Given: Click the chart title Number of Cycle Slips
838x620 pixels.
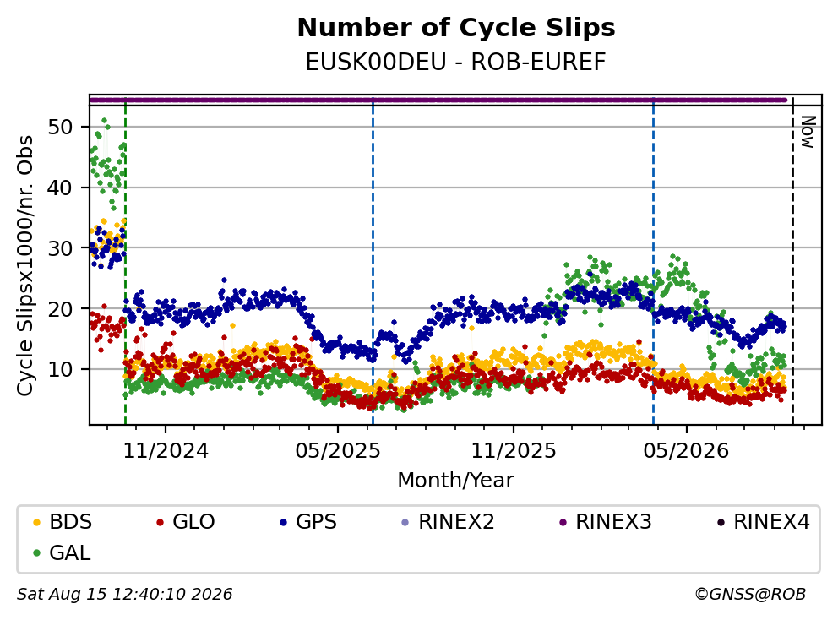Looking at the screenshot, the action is pos(456,28).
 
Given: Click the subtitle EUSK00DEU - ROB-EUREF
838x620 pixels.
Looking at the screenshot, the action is pos(456,62).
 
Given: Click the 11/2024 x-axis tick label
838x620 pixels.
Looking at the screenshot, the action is pos(166,451).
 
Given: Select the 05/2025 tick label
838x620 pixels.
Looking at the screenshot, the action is pos(338,451).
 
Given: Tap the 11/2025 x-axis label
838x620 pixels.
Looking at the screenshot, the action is pos(514,451).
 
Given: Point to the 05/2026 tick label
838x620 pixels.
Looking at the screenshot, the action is pos(686,451).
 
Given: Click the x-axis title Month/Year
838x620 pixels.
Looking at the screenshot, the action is pos(456,481).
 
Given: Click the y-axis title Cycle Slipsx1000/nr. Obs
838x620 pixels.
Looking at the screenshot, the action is pos(25,265).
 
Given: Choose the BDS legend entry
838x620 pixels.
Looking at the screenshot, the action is pos(62,522).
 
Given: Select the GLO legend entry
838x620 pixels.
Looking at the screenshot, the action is pos(186,522).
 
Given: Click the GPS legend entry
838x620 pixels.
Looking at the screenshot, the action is pos(308,522).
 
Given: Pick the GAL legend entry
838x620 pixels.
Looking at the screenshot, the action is pos(62,553).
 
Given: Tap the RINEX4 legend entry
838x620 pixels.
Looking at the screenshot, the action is pos(763,522).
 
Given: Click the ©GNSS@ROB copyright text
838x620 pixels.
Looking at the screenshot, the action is pos(750,595).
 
